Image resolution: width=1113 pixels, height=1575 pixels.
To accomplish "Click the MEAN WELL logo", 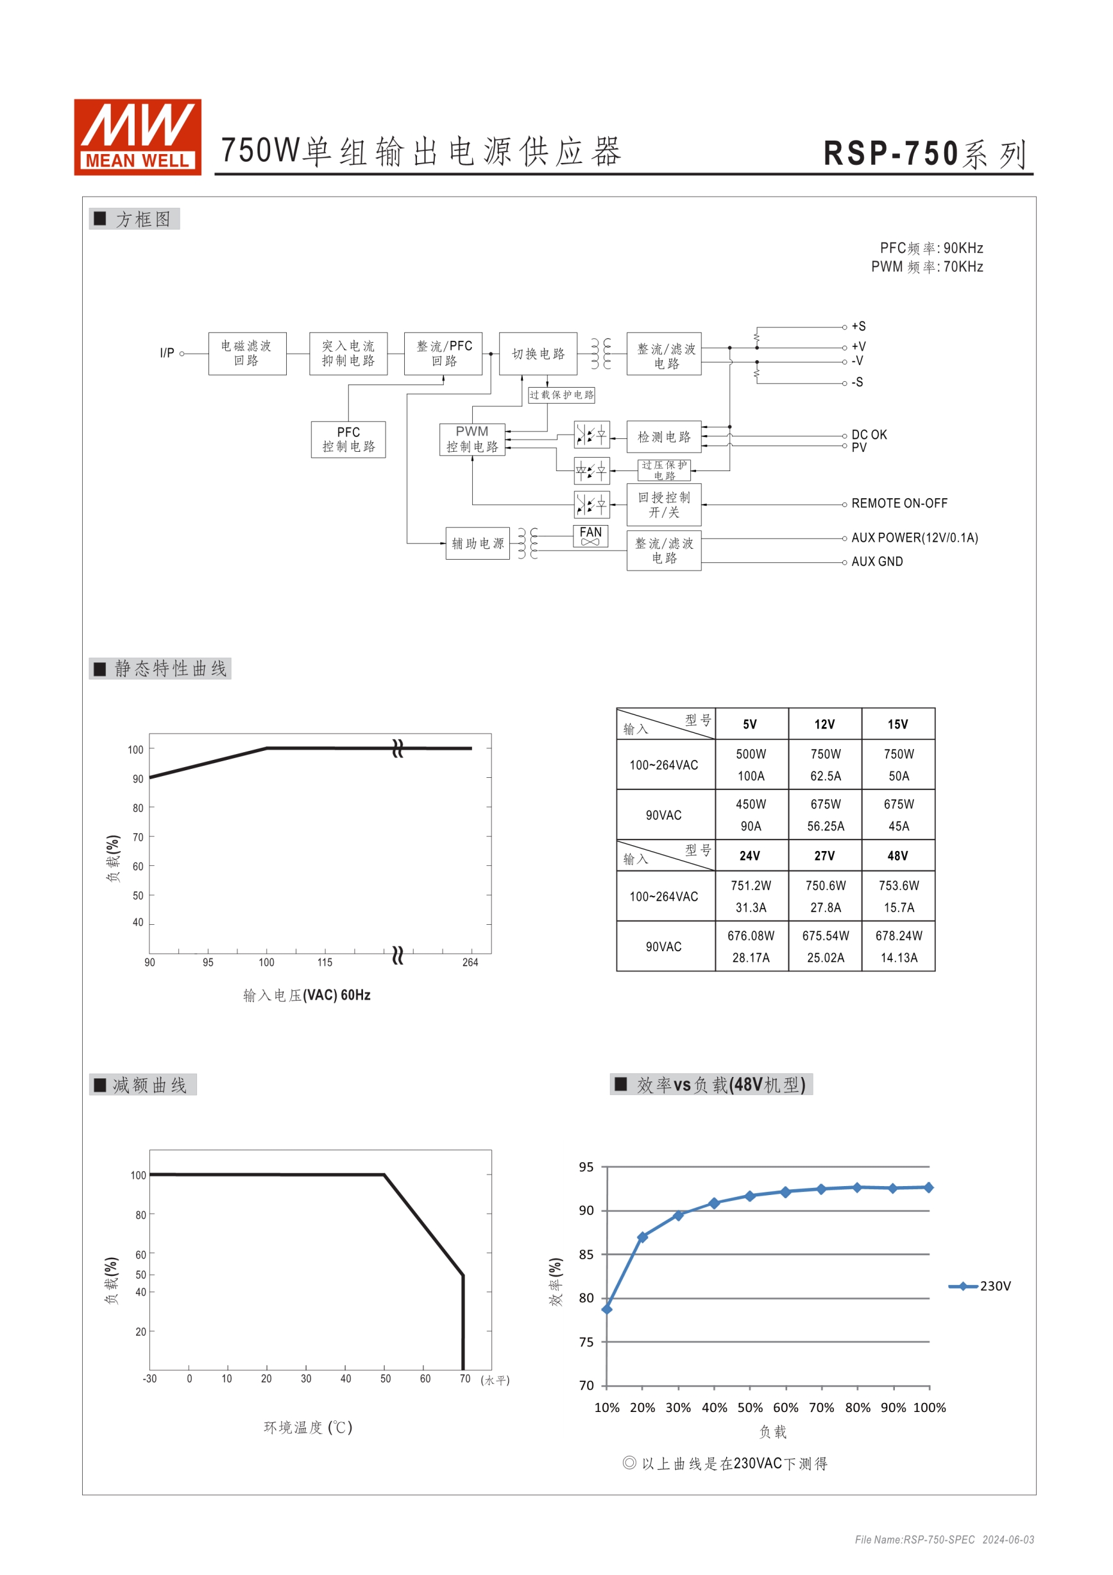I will pyautogui.click(x=137, y=137).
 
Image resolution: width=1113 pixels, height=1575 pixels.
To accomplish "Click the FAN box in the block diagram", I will pyautogui.click(x=590, y=536).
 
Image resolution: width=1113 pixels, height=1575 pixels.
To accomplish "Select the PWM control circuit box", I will pyautogui.click(x=472, y=439).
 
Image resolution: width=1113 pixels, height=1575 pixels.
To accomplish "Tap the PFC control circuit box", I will pyautogui.click(x=348, y=439).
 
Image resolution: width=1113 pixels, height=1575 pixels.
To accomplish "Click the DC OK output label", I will pyautogui.click(x=869, y=435).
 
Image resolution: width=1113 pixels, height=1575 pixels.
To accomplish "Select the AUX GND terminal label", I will pyautogui.click(x=876, y=562).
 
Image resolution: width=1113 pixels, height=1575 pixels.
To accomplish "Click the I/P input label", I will pyautogui.click(x=167, y=352).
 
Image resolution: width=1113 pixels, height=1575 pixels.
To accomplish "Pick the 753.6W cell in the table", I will pyautogui.click(x=898, y=886).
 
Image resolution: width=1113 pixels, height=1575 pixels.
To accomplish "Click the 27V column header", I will pyautogui.click(x=824, y=856).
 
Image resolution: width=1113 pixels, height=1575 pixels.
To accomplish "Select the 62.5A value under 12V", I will pyautogui.click(x=825, y=776).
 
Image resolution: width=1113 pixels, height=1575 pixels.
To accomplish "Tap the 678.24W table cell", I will pyautogui.click(x=898, y=936).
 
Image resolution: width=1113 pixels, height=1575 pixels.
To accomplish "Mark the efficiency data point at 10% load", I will pyautogui.click(x=607, y=1309).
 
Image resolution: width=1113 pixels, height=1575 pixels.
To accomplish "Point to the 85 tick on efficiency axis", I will pyautogui.click(x=586, y=1255).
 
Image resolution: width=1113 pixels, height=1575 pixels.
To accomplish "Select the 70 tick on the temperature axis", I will pyautogui.click(x=465, y=1379).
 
